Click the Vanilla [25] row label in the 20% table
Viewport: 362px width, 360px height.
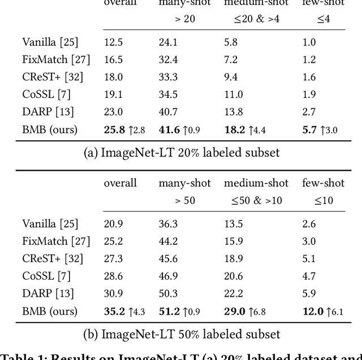[x=50, y=42]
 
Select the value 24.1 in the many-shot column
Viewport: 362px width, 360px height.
[x=168, y=42]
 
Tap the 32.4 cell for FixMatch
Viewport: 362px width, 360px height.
[x=168, y=59]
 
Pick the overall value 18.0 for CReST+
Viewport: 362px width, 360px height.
[x=113, y=77]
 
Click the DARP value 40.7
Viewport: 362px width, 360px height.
[x=168, y=112]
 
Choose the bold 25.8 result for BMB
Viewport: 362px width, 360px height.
[x=114, y=130]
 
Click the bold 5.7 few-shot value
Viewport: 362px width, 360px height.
[x=309, y=130]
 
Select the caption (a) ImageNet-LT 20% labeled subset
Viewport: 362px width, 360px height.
[x=181, y=152]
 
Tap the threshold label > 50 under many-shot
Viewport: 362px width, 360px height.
[x=184, y=201]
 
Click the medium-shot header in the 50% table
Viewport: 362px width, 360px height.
[x=256, y=183]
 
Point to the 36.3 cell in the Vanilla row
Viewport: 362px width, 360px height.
[x=168, y=224]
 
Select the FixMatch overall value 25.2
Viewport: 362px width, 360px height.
[x=113, y=241]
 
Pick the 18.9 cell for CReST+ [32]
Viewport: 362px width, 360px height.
[x=234, y=259]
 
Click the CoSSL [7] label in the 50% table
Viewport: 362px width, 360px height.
[x=46, y=276]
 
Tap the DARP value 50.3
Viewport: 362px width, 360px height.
[x=168, y=294]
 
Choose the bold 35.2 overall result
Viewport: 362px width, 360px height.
[x=114, y=311]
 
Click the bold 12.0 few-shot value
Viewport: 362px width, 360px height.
[x=313, y=311]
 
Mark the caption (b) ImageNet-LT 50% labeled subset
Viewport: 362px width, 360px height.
[x=181, y=334]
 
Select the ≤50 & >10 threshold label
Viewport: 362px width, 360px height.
[x=256, y=201]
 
